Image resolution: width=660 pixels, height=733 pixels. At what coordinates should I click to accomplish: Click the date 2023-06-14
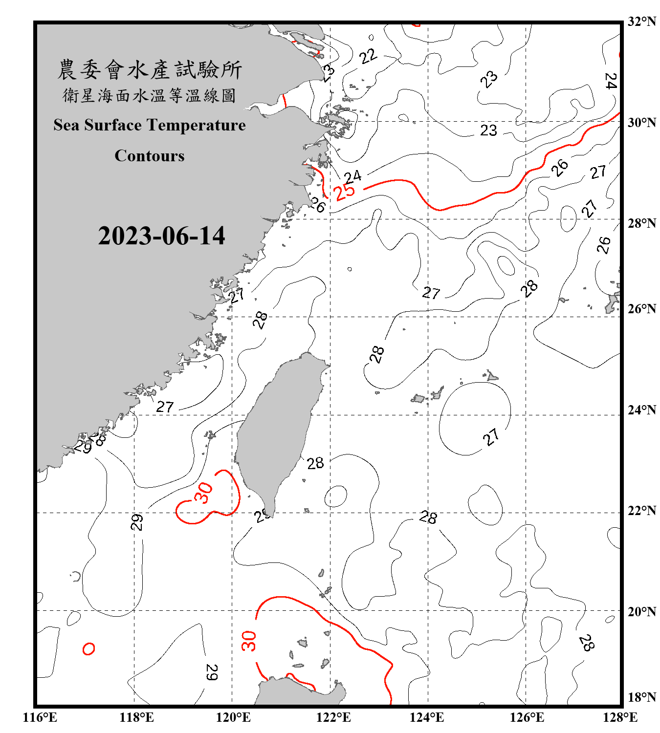(161, 236)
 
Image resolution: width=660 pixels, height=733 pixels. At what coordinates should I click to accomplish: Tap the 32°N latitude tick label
(641, 22)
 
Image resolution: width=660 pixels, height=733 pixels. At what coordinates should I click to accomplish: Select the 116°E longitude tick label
(40, 717)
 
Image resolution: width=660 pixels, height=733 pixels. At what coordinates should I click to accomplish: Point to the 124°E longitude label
(427, 717)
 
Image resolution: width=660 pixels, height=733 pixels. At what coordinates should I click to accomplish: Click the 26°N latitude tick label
(641, 309)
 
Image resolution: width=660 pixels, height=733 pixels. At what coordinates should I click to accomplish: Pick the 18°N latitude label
(641, 697)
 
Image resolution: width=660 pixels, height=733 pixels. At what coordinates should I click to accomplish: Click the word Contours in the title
(150, 156)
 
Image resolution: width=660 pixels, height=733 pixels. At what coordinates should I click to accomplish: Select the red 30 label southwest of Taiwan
(203, 493)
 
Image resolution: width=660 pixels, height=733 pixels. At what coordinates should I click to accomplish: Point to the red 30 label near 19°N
(249, 641)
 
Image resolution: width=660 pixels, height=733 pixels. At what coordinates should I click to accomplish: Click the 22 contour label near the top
(368, 56)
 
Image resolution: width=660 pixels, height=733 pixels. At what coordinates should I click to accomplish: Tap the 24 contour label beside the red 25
(352, 176)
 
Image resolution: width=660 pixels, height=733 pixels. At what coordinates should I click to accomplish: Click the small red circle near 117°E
(88, 649)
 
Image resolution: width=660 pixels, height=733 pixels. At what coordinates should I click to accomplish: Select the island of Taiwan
(276, 430)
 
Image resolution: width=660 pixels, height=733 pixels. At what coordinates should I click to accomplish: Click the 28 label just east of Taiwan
(315, 463)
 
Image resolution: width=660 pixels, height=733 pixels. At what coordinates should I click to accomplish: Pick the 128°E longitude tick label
(620, 717)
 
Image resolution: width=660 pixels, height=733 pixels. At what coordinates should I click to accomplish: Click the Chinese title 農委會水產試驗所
(150, 70)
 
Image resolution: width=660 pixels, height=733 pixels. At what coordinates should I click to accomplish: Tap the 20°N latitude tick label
(641, 611)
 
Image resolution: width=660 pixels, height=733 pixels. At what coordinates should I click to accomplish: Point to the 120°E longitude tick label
(233, 717)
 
